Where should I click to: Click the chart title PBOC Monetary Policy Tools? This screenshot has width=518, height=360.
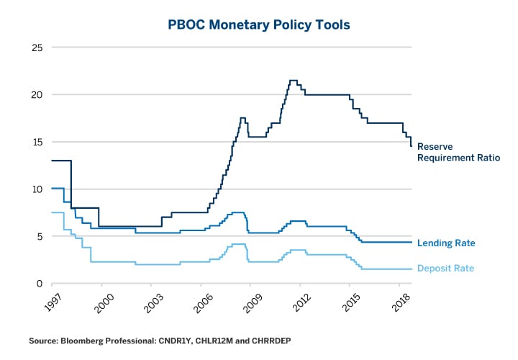[x=259, y=24]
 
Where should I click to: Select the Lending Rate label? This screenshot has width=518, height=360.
[x=446, y=243]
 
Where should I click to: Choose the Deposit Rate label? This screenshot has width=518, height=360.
[x=446, y=269]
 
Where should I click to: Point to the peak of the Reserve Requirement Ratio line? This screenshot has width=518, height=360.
[x=293, y=81]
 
